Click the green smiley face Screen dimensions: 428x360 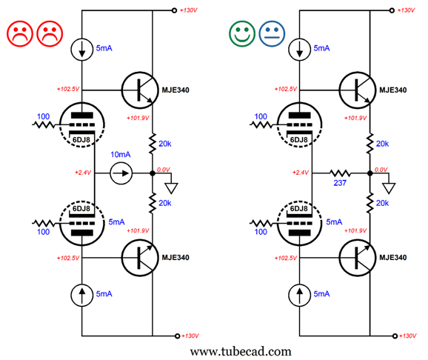pyautogui.click(x=242, y=33)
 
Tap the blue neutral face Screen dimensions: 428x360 pyautogui.click(x=272, y=33)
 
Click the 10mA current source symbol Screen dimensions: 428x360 pyautogui.click(x=121, y=173)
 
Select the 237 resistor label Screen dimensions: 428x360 pyautogui.click(x=340, y=183)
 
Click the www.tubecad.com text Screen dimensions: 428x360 pyautogui.click(x=241, y=351)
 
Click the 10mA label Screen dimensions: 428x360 pyautogui.click(x=121, y=155)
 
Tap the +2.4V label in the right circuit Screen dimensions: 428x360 pyautogui.click(x=300, y=173)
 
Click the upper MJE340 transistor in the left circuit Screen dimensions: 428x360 pyautogui.click(x=140, y=90)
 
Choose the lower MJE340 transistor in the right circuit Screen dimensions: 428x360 pyautogui.click(x=358, y=258)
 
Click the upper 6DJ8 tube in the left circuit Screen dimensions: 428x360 pyautogui.click(x=82, y=125)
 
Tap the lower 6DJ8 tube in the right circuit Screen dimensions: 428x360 pyautogui.click(x=299, y=224)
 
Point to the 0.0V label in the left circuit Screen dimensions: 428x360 pyautogui.click(x=163, y=170)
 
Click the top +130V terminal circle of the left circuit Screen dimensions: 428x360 pyautogui.click(x=174, y=10)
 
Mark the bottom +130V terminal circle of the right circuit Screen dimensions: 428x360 pyautogui.click(x=395, y=336)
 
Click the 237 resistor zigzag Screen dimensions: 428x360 pyautogui.click(x=340, y=173)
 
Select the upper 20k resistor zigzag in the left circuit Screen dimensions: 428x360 pyautogui.click(x=153, y=144)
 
